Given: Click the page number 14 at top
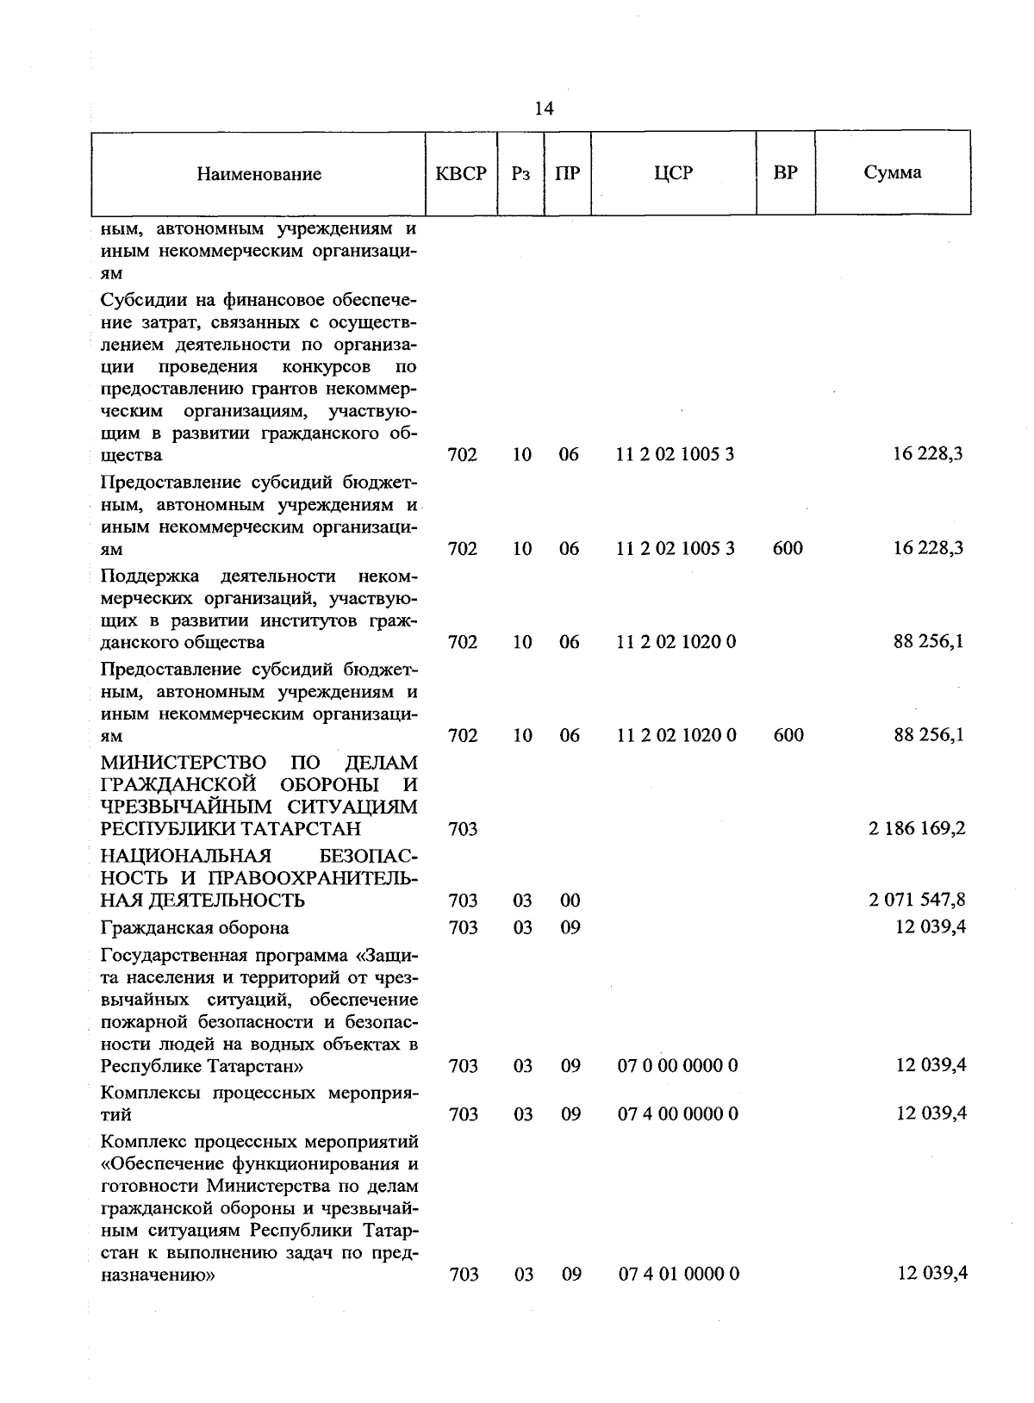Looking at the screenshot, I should [x=544, y=108].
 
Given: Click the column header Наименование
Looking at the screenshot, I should [x=258, y=174].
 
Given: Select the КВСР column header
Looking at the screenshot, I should [x=461, y=173].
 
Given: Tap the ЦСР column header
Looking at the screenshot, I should [x=673, y=173].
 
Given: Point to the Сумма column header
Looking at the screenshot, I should [x=892, y=172].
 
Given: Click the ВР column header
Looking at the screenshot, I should [x=785, y=172].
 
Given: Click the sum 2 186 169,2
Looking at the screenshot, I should [x=917, y=829].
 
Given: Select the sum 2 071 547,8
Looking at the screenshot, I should [x=917, y=901].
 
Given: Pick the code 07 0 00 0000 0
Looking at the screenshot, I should [x=677, y=1066].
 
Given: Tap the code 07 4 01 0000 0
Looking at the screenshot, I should [x=678, y=1275].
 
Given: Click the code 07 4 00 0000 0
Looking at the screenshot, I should [x=677, y=1114].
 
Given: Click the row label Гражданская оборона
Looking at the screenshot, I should [x=195, y=928].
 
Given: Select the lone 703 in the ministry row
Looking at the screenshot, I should [x=463, y=829].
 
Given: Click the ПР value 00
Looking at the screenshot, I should [x=570, y=901].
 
